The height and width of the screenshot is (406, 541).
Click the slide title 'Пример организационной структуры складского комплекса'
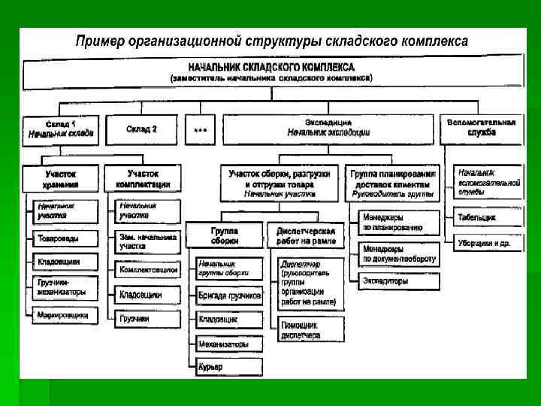point(271,41)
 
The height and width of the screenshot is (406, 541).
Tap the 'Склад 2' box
point(142,129)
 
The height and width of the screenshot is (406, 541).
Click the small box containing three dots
point(200,129)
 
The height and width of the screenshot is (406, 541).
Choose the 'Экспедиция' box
point(328,127)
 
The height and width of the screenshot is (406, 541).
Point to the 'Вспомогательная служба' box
point(481,127)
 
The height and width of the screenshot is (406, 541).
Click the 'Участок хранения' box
point(61,179)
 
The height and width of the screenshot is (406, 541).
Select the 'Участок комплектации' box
point(143,179)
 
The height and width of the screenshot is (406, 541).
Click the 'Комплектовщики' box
point(148,268)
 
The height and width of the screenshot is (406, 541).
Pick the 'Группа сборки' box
point(223,235)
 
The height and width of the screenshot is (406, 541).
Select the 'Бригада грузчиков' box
point(229,295)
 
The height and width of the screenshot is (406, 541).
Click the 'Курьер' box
point(229,368)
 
